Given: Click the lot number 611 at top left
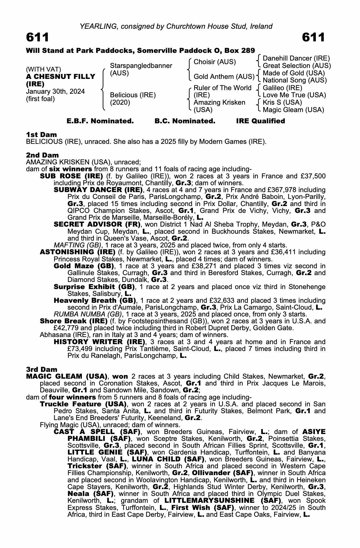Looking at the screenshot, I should click(38, 37).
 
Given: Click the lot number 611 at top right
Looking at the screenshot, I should click(313, 37).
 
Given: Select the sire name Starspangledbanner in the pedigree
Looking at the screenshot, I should click(141, 66).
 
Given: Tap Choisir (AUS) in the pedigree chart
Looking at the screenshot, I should click(215, 62).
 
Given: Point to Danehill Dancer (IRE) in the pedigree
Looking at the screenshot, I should click(296, 58).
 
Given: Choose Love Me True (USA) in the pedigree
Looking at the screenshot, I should click(294, 95).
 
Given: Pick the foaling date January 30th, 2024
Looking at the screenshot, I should click(55, 92).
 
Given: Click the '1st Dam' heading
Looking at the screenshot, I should click(41, 135).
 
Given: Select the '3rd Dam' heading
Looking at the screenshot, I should click(42, 369).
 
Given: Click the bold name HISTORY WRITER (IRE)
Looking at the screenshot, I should click(99, 342).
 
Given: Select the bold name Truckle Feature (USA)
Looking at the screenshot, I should click(83, 404).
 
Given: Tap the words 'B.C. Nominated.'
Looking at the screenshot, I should click(185, 121).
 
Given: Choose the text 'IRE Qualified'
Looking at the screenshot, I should click(260, 121).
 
